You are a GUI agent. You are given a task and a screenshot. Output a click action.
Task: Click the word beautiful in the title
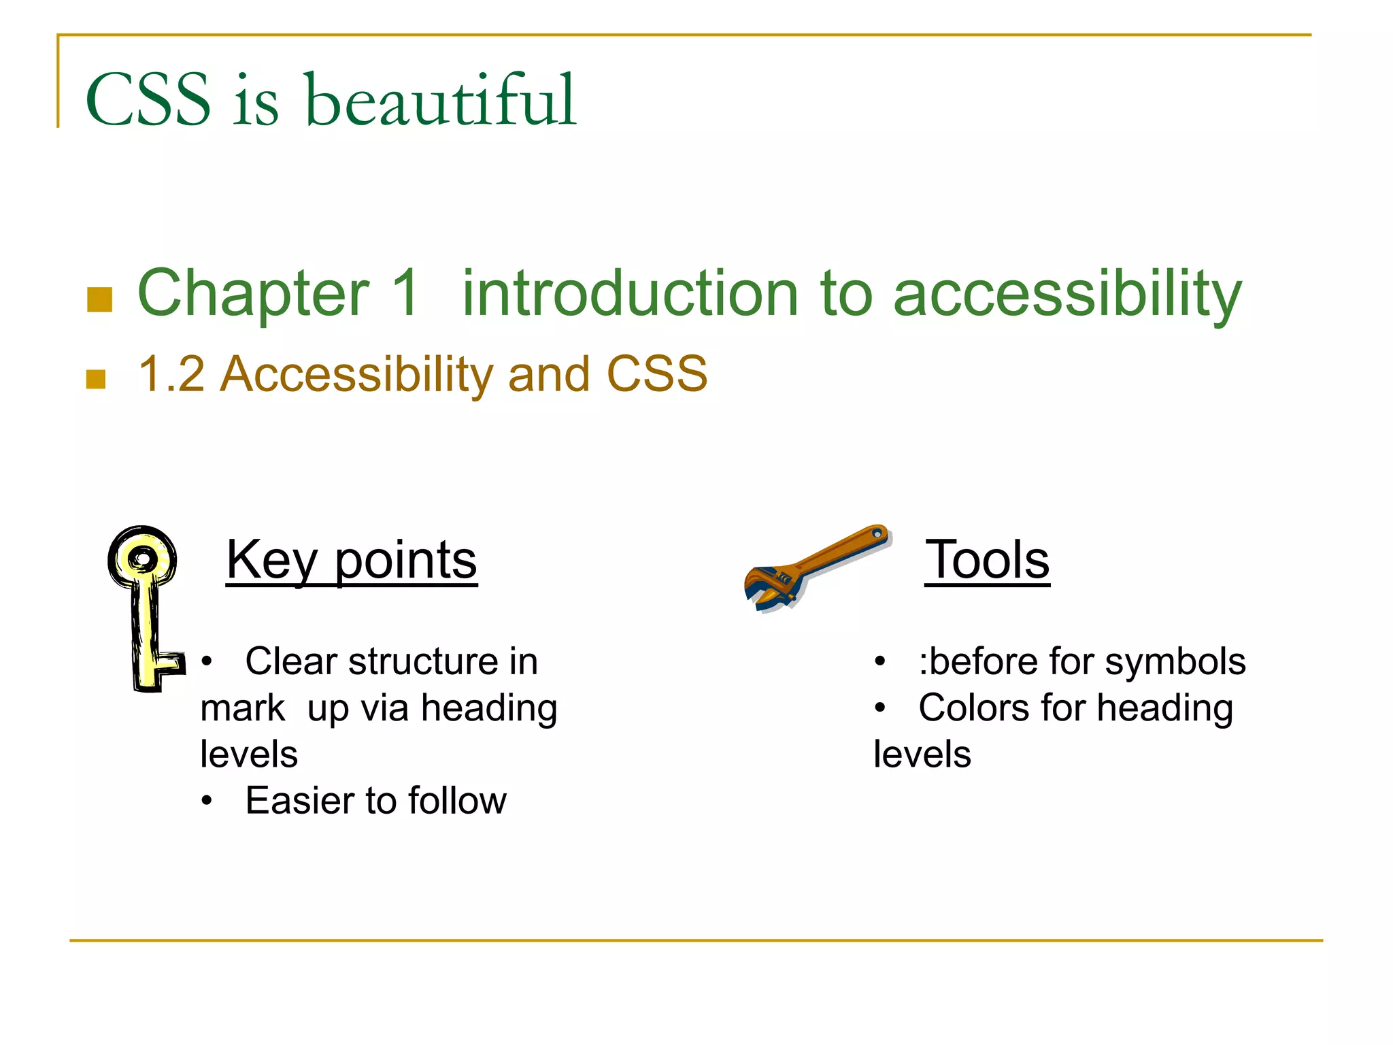[x=441, y=101]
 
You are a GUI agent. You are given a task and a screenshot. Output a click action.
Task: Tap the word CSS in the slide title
[x=148, y=101]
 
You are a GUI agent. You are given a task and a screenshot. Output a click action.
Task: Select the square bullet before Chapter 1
[x=100, y=299]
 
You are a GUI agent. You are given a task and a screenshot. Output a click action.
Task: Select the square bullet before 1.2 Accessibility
[x=96, y=379]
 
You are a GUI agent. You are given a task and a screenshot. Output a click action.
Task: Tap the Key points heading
[x=352, y=560]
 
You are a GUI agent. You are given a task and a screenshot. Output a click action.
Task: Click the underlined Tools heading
[x=987, y=560]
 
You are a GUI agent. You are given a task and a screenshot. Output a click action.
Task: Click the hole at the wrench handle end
[x=878, y=535]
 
